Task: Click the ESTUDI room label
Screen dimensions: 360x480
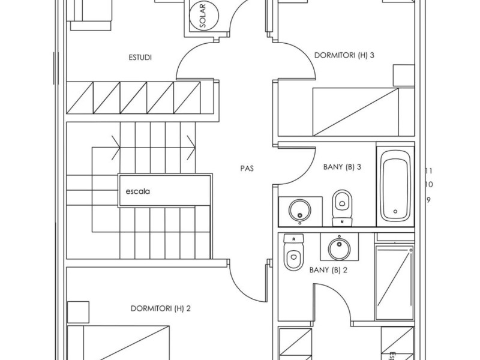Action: coord(140,58)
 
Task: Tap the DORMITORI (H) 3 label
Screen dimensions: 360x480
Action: coord(344,56)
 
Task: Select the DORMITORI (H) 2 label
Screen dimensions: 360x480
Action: coord(160,309)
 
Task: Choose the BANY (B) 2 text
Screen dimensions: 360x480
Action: coord(328,270)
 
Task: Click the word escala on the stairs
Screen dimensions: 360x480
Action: coord(137,192)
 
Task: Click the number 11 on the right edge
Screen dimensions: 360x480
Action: coord(428,171)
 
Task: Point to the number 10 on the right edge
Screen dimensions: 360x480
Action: coord(428,185)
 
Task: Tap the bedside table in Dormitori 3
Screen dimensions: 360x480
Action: coord(404,76)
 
